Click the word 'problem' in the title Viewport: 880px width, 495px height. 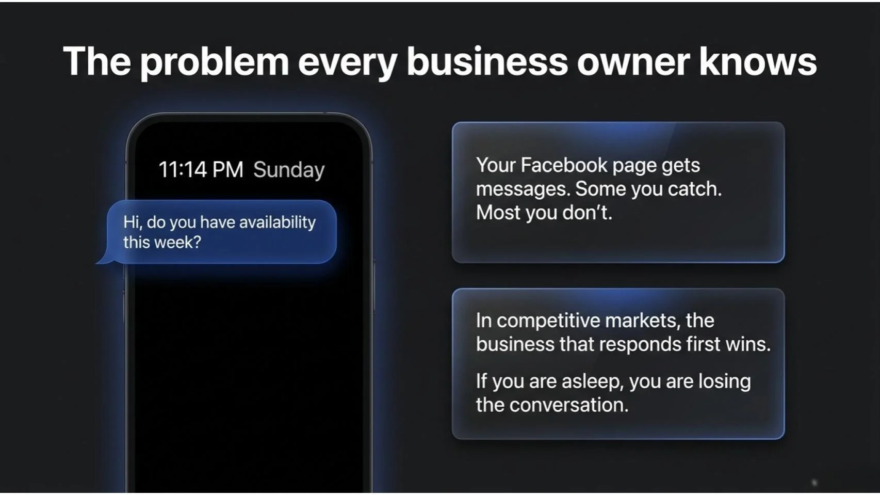pyautogui.click(x=214, y=62)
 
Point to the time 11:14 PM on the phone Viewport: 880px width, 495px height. pyautogui.click(x=201, y=170)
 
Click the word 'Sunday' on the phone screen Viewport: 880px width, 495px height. pyautogui.click(x=289, y=170)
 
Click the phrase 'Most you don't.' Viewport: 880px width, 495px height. pyautogui.click(x=544, y=213)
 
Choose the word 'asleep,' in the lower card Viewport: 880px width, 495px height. pyautogui.click(x=593, y=381)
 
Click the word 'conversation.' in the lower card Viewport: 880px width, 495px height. pyautogui.click(x=569, y=405)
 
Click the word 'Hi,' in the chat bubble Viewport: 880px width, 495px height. pyautogui.click(x=132, y=222)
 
